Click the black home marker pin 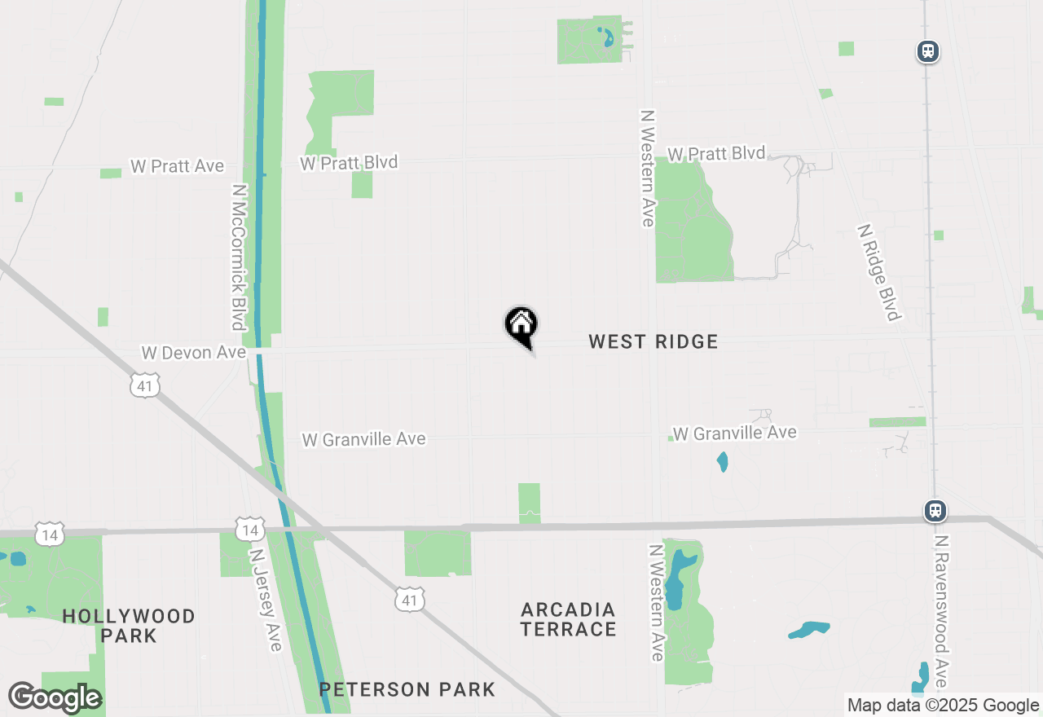click(x=521, y=325)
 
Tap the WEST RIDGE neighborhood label click(x=654, y=341)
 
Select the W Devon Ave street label click(x=194, y=353)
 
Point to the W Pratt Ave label click(x=177, y=166)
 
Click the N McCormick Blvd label click(x=239, y=257)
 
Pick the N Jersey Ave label click(x=266, y=599)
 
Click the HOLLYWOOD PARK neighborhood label click(x=129, y=626)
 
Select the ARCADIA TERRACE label click(x=569, y=619)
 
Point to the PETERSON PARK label click(x=407, y=689)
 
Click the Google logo click(x=55, y=697)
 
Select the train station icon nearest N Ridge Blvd click(x=928, y=52)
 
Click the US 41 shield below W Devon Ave click(x=145, y=385)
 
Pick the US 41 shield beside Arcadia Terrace click(x=409, y=600)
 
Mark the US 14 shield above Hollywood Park click(x=51, y=535)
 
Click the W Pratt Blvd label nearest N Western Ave click(x=716, y=153)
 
